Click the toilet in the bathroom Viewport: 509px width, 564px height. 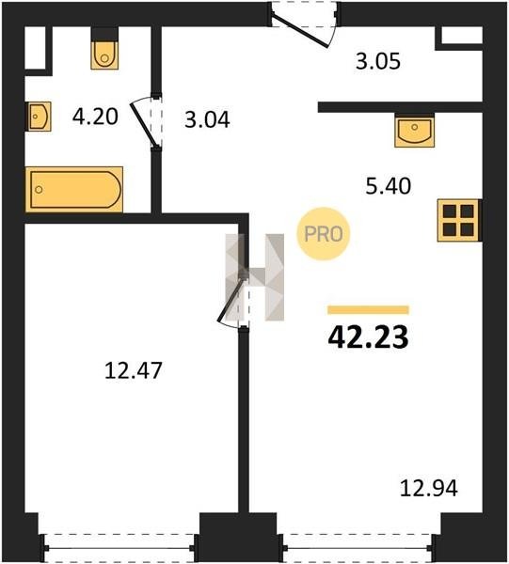click(104, 55)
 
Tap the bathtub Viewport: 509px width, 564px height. click(74, 189)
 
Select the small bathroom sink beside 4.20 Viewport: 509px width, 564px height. click(39, 117)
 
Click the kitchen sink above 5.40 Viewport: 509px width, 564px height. click(414, 132)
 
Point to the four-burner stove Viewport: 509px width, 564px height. click(458, 220)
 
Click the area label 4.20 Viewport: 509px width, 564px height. click(95, 117)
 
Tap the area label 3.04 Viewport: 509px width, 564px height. click(207, 119)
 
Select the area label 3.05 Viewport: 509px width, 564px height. click(378, 61)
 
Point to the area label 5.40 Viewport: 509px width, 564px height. click(388, 186)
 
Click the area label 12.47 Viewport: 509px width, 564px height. click(134, 370)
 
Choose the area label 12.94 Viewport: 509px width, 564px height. click(429, 489)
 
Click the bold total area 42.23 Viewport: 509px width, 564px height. click(368, 337)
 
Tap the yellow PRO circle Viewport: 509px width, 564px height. click(324, 234)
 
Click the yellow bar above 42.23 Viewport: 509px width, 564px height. click(368, 309)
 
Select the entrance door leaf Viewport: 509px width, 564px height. click(299, 30)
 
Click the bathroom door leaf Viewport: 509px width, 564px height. click(143, 125)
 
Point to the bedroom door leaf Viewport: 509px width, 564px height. click(231, 299)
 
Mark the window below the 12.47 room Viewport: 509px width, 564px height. click(119, 548)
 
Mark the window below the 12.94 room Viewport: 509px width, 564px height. click(358, 548)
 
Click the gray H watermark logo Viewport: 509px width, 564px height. click(254, 277)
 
